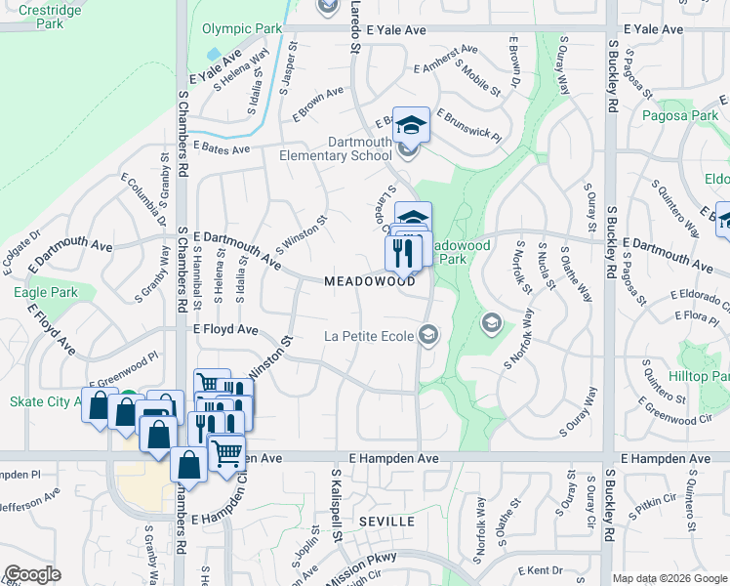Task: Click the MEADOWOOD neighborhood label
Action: point(370,281)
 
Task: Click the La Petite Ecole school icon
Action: point(427,336)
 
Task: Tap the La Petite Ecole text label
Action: point(369,337)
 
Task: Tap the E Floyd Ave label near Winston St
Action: point(225,330)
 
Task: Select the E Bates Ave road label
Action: point(223,147)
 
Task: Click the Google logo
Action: point(32,574)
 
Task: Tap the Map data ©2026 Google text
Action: point(669,578)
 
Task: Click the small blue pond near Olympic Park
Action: point(214,54)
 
